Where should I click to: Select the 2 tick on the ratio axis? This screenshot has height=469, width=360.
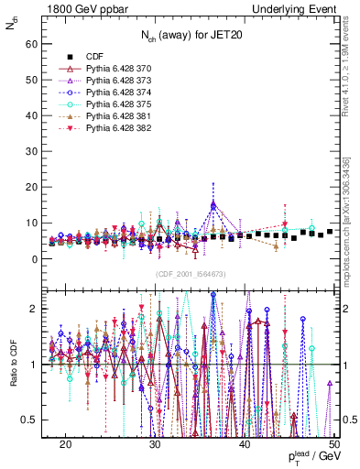tap(37, 309)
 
